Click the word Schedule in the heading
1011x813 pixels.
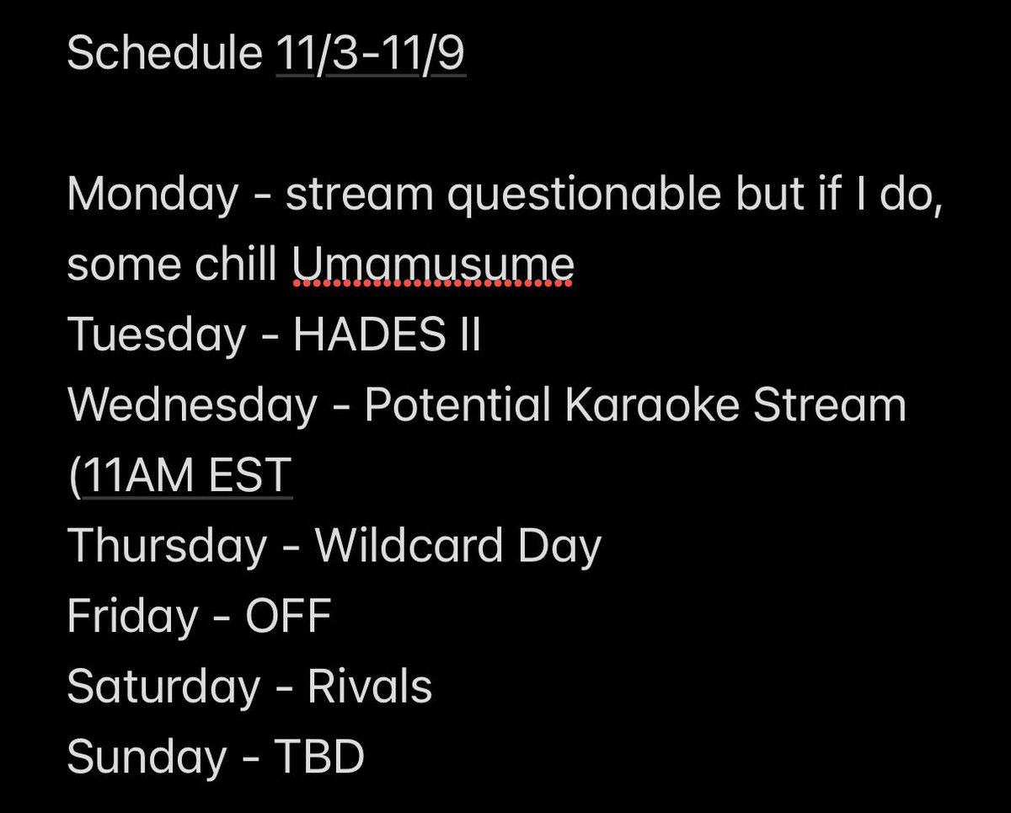(x=164, y=55)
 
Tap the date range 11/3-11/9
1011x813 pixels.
(x=371, y=55)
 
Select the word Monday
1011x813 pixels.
(x=152, y=195)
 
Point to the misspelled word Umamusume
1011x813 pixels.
(x=433, y=265)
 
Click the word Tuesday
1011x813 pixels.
(x=156, y=335)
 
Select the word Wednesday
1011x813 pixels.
(x=191, y=405)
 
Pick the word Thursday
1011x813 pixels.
(x=166, y=546)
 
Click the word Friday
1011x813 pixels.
(x=131, y=616)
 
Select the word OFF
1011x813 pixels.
(x=288, y=616)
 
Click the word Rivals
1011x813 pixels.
(x=370, y=686)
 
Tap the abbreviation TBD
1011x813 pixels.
(x=319, y=757)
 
